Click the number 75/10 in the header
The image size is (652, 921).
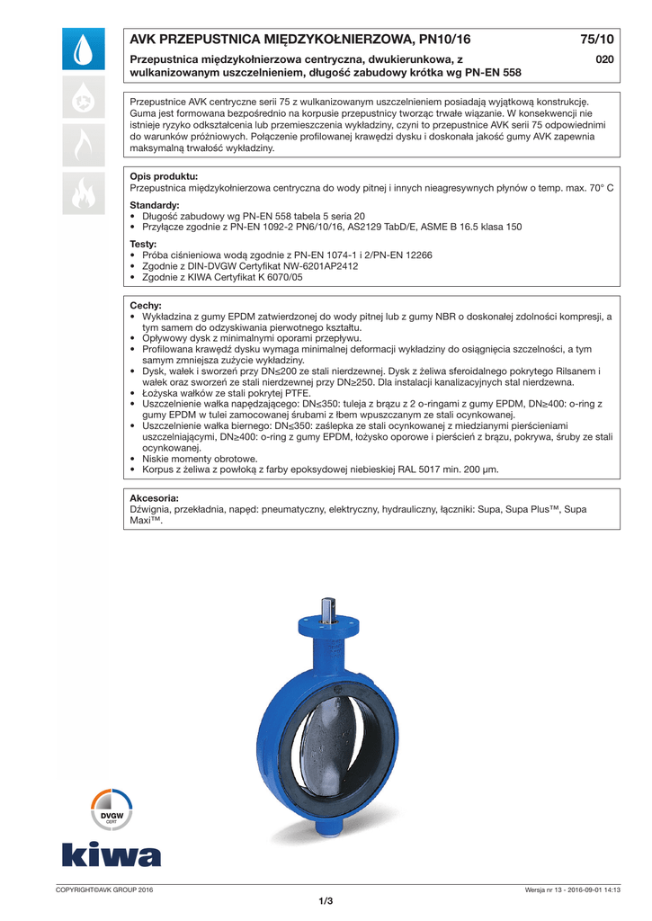596,40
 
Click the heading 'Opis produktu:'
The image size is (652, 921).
164,176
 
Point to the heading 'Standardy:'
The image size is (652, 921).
155,206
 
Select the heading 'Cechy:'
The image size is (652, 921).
146,306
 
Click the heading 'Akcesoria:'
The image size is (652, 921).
155,497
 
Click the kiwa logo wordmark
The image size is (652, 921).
112,854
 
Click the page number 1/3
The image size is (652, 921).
326,902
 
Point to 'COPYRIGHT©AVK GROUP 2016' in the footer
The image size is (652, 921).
104,890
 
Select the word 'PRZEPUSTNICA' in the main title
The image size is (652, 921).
207,40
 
